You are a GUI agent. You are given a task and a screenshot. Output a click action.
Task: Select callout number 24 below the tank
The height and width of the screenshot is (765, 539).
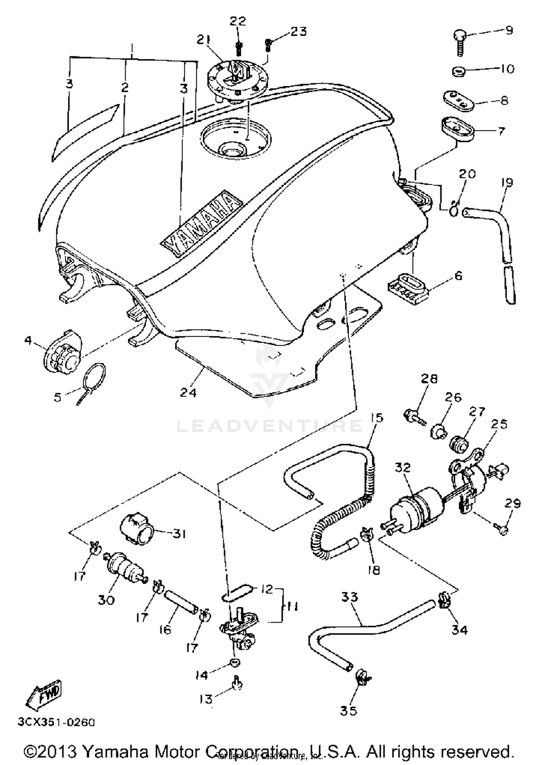click(188, 392)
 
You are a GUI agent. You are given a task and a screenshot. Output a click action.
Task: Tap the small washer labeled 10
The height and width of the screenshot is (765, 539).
click(459, 71)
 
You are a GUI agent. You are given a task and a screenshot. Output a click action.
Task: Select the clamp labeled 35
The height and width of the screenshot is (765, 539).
click(362, 677)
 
